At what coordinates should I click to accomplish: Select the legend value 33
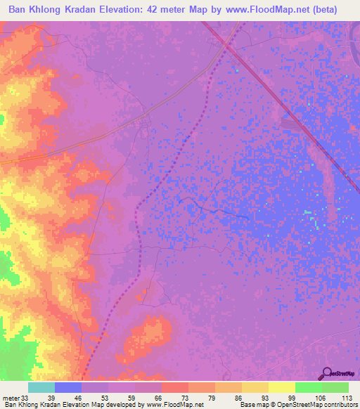tap(25, 397)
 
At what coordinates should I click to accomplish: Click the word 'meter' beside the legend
tap(11, 397)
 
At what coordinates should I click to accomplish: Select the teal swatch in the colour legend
tap(41, 387)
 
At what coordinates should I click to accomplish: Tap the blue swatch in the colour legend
tap(68, 387)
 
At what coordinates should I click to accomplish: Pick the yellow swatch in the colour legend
tap(281, 387)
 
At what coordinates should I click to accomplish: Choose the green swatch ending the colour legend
tap(335, 387)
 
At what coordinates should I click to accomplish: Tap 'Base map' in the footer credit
tap(254, 405)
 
